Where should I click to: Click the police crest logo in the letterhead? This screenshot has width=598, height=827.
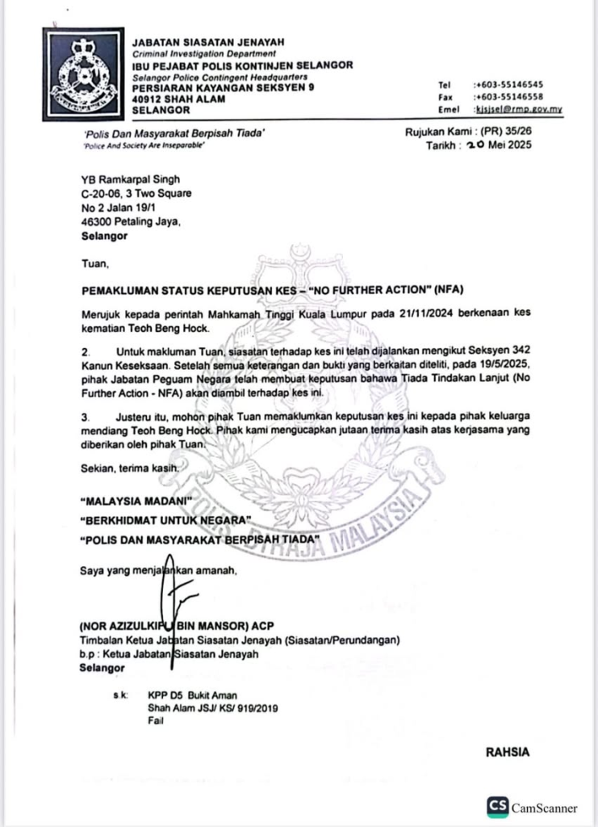[83, 75]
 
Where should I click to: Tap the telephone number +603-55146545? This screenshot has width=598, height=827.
[508, 84]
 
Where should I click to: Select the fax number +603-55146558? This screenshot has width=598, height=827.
[508, 96]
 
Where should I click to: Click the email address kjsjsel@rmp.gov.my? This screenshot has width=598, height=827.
[518, 108]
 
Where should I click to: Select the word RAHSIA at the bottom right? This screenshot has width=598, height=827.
[507, 752]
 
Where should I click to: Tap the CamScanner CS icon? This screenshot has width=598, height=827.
[497, 807]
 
